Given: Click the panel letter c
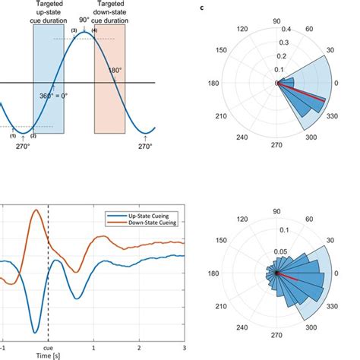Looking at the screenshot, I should tap(201, 8).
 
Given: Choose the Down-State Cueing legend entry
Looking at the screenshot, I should tap(149, 225).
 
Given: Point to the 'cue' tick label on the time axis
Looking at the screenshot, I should tap(49, 345).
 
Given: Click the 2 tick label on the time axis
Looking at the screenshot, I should tap(139, 345).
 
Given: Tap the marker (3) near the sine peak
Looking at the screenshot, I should tap(74, 30).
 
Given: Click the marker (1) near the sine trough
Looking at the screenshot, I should tap(13, 134).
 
